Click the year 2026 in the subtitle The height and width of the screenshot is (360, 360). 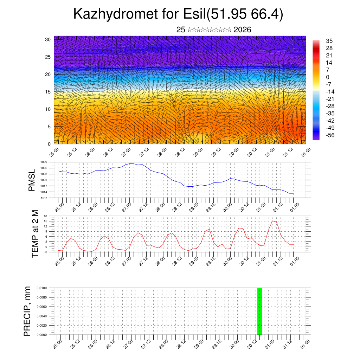tap(242, 30)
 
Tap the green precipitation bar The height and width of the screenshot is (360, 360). tap(259, 311)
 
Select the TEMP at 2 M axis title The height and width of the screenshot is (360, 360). tap(35, 234)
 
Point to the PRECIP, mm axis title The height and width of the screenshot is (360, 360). tap(27, 311)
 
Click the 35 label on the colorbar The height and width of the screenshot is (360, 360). tap(329, 41)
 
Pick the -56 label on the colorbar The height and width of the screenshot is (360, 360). tap(330, 135)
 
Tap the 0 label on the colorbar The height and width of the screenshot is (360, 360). tap(328, 77)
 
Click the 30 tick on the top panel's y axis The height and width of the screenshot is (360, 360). tap(48, 39)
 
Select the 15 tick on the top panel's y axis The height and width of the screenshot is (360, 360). tap(48, 92)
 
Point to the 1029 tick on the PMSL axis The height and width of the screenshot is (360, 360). tap(44, 162)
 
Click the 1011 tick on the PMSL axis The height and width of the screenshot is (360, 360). tap(44, 198)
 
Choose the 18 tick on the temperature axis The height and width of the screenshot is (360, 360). tap(45, 216)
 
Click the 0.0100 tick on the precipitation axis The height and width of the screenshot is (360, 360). tap(41, 288)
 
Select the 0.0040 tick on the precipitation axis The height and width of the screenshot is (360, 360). tap(41, 316)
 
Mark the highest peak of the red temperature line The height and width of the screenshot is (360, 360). tap(272, 221)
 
